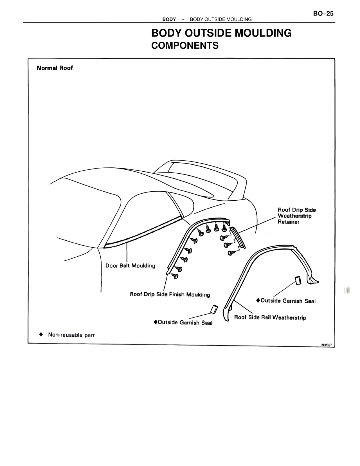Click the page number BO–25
coord(323,14)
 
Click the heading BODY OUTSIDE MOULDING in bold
coord(221,33)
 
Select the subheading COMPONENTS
coord(185,46)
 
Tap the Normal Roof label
coord(55,68)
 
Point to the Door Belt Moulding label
coord(130,266)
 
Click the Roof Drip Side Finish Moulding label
coord(170,294)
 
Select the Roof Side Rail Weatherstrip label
coord(270,317)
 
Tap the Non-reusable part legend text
coord(71,335)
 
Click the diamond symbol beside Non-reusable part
coord(41,334)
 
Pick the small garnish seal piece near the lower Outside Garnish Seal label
coord(214,309)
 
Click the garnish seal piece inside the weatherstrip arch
coord(298,280)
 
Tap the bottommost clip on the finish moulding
coord(175,275)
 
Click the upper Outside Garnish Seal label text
coord(288,301)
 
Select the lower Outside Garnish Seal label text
coord(185,322)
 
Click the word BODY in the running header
coord(169,19)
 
